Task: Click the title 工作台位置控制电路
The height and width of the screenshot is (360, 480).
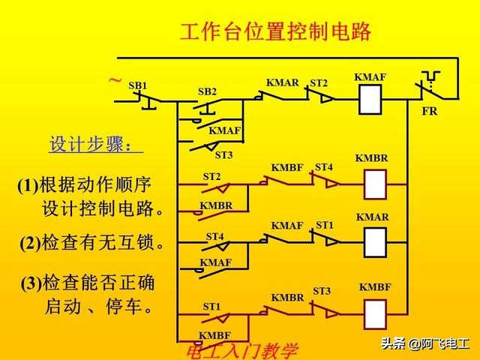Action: point(275,32)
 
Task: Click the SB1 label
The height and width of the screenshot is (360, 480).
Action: point(138,85)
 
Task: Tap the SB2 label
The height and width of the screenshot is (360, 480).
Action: point(207,91)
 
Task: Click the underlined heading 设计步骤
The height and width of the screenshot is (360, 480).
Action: point(95,144)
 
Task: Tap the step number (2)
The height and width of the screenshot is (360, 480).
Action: point(30,243)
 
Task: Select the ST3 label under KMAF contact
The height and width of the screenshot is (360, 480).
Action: point(223,155)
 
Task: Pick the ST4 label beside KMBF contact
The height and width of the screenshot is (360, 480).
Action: point(323,166)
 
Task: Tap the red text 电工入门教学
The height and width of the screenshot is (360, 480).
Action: point(241,350)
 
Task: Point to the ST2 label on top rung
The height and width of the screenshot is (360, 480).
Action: point(319,82)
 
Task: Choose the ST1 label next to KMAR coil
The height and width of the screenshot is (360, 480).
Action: point(325,224)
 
